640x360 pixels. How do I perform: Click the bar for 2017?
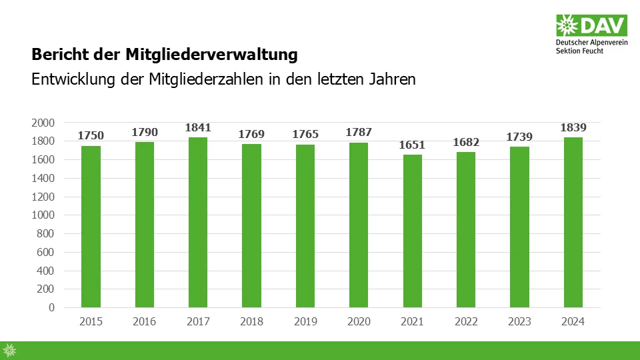[x=198, y=223]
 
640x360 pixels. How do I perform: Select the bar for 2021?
[x=412, y=231]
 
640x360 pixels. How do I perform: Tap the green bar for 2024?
[x=573, y=223]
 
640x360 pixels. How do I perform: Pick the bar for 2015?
[x=91, y=227]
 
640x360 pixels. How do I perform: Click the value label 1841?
[x=198, y=127]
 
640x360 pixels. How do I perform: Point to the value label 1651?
[x=412, y=145]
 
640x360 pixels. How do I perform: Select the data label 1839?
[x=573, y=127]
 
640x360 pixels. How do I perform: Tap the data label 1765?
[x=305, y=134]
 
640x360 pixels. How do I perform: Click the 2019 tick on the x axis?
[x=305, y=322]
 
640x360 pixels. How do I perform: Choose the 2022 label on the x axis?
[x=466, y=322]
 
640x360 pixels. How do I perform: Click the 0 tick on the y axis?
[x=51, y=308]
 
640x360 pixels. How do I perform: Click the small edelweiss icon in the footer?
[x=9, y=350]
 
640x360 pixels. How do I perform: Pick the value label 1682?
[x=466, y=142]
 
